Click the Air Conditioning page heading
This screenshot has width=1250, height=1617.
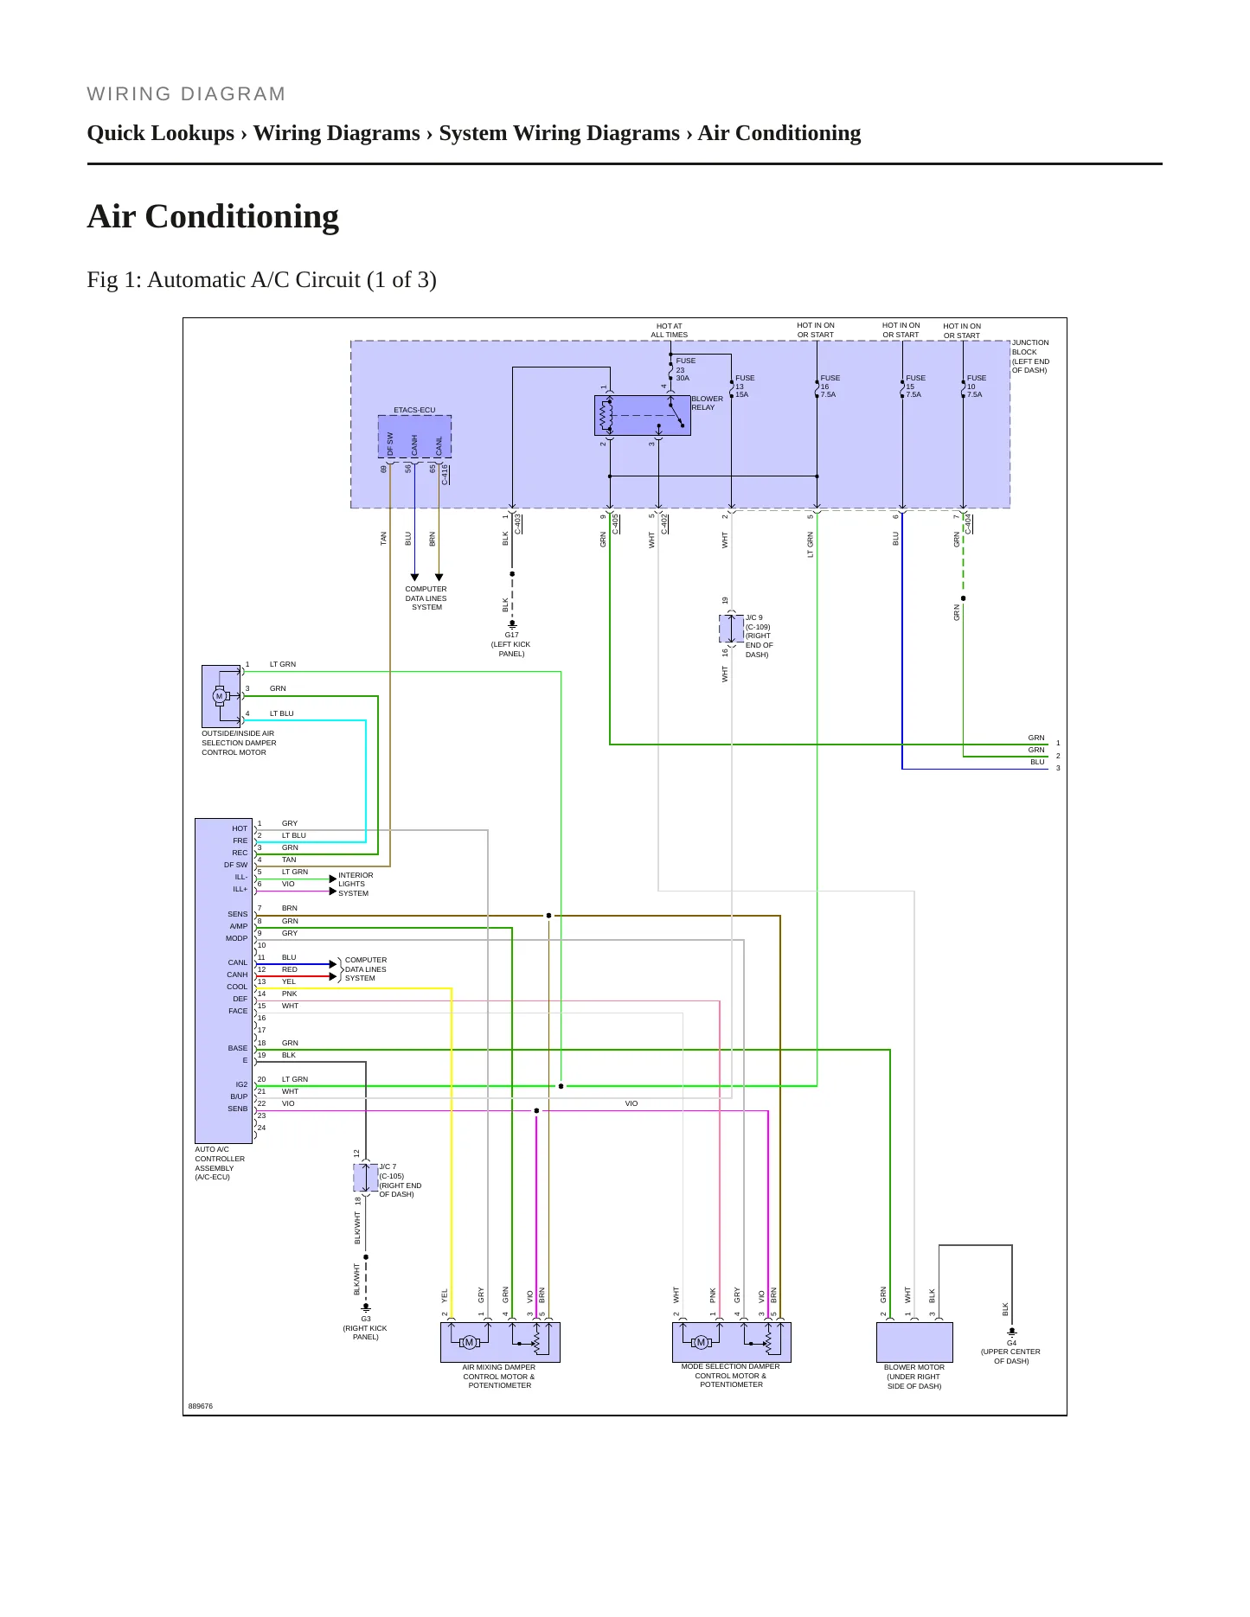213,216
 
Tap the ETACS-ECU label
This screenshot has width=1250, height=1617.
414,410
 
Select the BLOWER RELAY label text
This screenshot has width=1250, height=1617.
707,403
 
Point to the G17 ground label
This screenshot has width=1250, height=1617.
511,635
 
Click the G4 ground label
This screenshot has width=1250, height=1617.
1011,1343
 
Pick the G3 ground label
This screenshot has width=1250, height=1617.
366,1319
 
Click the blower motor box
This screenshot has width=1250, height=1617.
914,1342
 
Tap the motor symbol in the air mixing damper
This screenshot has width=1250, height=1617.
470,1342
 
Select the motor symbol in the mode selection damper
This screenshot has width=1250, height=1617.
702,1342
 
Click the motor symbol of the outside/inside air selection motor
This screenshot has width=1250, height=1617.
219,696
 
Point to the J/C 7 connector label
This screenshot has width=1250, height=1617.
388,1166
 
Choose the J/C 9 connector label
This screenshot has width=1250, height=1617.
754,617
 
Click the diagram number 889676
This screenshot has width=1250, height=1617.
201,1406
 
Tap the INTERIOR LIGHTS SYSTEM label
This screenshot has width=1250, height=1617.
356,884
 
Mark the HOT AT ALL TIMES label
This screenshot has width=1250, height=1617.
670,330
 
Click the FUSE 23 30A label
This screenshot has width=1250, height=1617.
685,369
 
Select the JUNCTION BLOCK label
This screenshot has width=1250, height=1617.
1030,356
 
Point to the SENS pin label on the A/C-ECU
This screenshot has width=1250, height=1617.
237,914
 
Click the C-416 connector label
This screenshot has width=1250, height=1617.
445,474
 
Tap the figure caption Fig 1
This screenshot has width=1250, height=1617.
261,279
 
